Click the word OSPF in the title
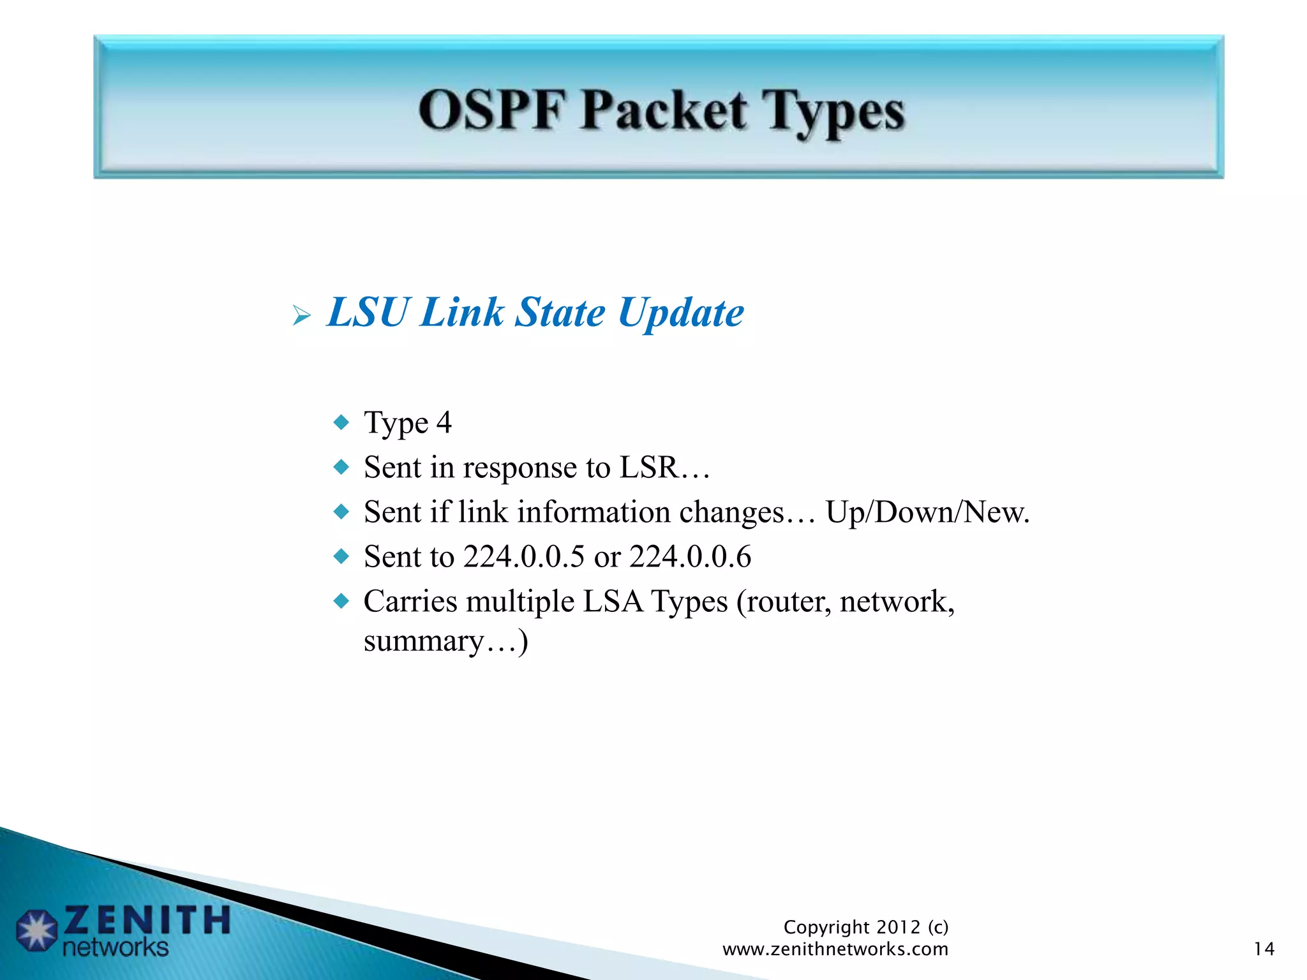click(491, 110)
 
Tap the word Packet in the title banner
click(664, 110)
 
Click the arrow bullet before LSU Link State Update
click(301, 315)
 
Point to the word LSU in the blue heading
click(367, 313)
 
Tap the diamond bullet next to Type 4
click(342, 422)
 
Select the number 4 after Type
click(444, 422)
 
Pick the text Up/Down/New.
click(927, 512)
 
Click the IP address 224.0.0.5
click(523, 557)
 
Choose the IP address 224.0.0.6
click(690, 557)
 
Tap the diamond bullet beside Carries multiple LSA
click(342, 601)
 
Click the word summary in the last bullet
click(423, 642)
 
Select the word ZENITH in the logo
click(147, 920)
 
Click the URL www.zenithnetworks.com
click(835, 949)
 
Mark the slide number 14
click(1264, 949)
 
